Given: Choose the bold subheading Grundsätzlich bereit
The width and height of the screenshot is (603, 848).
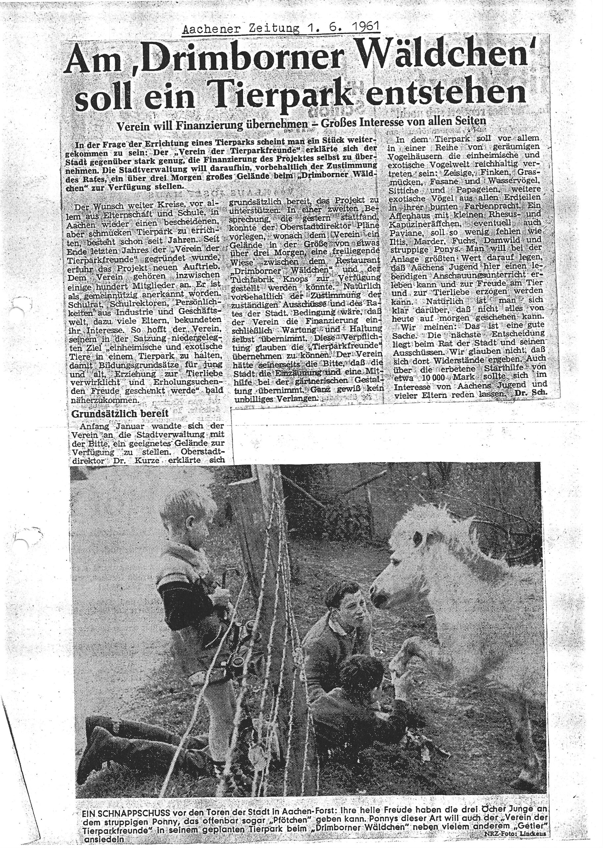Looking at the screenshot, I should tap(120, 413).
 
